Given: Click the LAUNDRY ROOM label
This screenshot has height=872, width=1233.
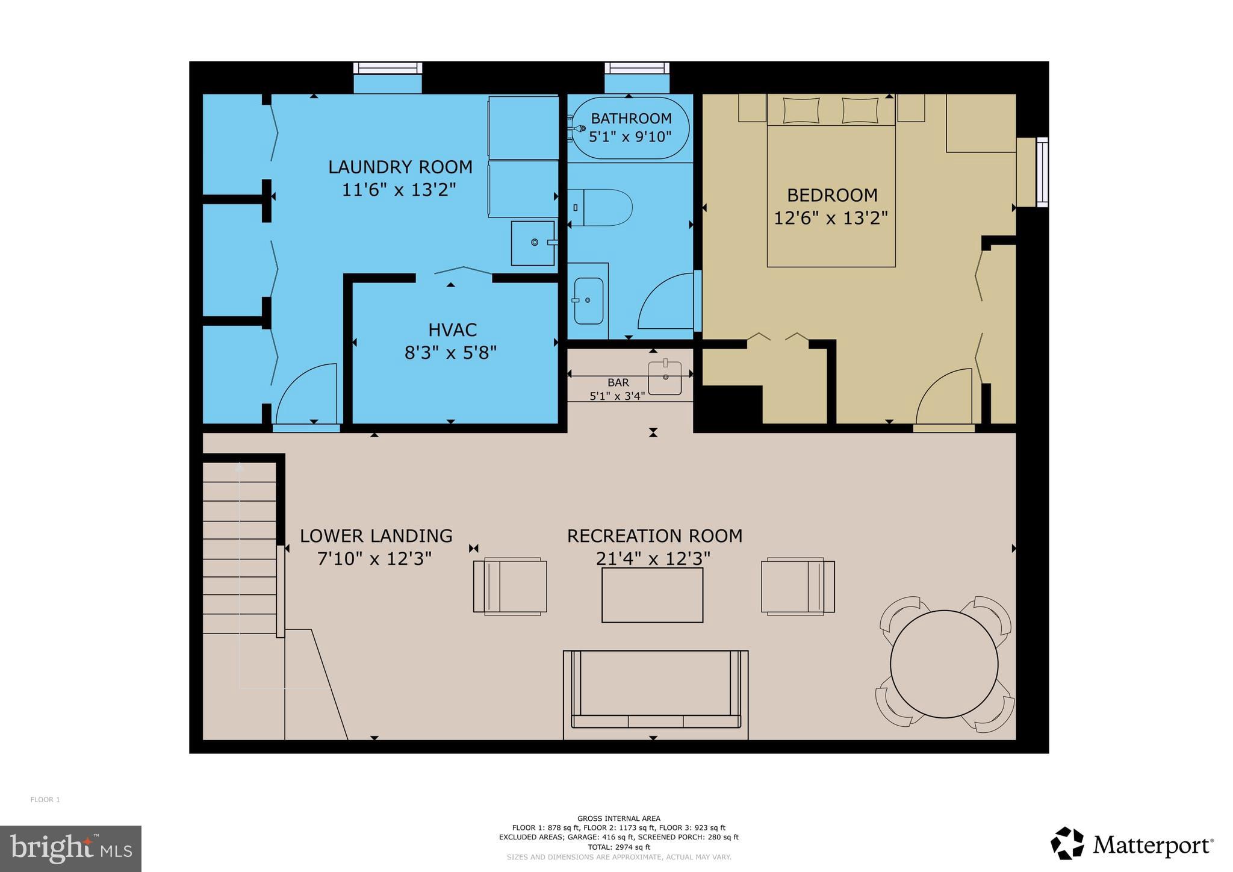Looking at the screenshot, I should click(x=400, y=167).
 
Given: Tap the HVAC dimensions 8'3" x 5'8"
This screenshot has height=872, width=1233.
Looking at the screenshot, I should click(x=450, y=352).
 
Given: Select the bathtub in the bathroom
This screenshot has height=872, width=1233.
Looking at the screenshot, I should click(x=629, y=128).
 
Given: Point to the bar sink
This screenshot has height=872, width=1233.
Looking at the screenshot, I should click(x=665, y=378).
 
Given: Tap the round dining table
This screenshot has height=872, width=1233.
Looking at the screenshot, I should click(x=943, y=664).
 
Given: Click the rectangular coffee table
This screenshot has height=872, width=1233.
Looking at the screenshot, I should click(x=652, y=594).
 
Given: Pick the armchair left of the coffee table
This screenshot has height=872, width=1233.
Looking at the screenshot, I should click(x=511, y=586).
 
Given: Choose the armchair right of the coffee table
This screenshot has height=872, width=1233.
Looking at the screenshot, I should click(x=797, y=586).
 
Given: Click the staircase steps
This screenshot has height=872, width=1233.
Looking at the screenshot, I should click(x=239, y=548).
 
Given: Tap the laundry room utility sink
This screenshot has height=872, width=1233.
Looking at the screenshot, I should click(x=532, y=243).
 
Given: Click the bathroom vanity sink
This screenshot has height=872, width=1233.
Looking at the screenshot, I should click(x=588, y=301).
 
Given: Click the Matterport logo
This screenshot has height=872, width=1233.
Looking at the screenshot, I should click(x=1132, y=844).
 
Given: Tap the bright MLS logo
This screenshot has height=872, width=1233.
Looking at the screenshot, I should click(x=70, y=849).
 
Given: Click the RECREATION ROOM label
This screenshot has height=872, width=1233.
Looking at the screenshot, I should click(x=654, y=536).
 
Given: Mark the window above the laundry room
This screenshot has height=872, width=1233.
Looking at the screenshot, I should click(x=387, y=69).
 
